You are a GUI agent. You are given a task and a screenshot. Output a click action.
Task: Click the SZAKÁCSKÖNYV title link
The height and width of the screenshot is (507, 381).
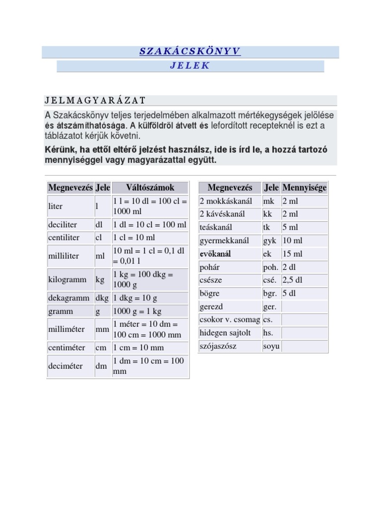point(190,52)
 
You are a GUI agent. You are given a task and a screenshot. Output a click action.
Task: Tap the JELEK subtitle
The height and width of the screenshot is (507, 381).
point(190,66)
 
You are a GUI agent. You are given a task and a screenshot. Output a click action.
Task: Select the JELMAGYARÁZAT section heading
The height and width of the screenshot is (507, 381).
point(95,101)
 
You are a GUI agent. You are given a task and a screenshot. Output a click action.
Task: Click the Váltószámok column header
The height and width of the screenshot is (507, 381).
point(150,188)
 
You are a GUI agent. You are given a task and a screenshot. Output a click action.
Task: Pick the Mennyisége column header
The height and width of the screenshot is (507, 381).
point(304,188)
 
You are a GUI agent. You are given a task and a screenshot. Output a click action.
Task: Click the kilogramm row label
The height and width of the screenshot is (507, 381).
point(67,280)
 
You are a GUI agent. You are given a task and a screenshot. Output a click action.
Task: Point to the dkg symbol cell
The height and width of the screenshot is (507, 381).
point(102,298)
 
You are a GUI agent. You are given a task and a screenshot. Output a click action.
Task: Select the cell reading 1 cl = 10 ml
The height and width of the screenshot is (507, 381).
point(134,238)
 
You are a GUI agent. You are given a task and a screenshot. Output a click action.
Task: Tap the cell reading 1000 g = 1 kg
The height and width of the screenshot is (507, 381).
point(137,311)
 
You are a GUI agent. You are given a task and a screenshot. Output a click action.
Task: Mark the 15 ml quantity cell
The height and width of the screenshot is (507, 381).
point(292,254)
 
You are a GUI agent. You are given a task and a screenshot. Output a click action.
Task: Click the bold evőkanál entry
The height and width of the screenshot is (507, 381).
point(215,254)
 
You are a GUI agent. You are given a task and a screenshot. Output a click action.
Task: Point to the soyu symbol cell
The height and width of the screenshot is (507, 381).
point(271,346)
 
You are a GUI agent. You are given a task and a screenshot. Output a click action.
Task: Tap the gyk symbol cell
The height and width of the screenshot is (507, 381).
point(270,241)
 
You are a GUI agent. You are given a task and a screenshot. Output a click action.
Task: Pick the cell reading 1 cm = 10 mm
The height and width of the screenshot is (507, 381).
point(138,348)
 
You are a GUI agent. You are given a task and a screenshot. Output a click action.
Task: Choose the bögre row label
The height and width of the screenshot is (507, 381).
point(209,293)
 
